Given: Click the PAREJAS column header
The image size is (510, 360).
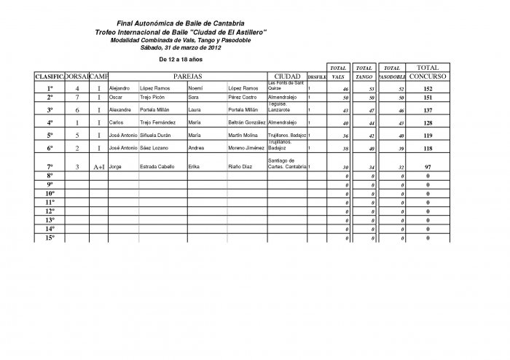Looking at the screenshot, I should [x=187, y=76].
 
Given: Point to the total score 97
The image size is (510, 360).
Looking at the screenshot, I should [x=428, y=167].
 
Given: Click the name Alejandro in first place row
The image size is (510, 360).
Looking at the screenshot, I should [x=119, y=87].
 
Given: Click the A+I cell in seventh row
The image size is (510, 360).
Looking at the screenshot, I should [x=99, y=167].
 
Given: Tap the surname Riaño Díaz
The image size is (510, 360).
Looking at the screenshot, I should [x=241, y=167].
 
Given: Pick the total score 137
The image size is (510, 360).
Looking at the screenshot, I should [x=428, y=109].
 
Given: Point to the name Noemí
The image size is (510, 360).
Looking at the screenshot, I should [x=197, y=87].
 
